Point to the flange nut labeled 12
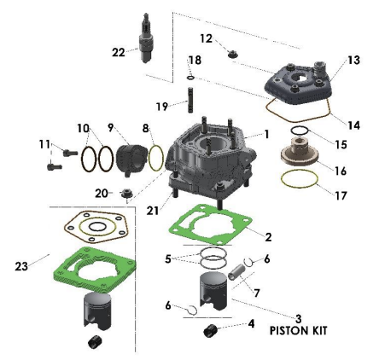(x=230, y=55)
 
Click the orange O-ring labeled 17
(x=300, y=181)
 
